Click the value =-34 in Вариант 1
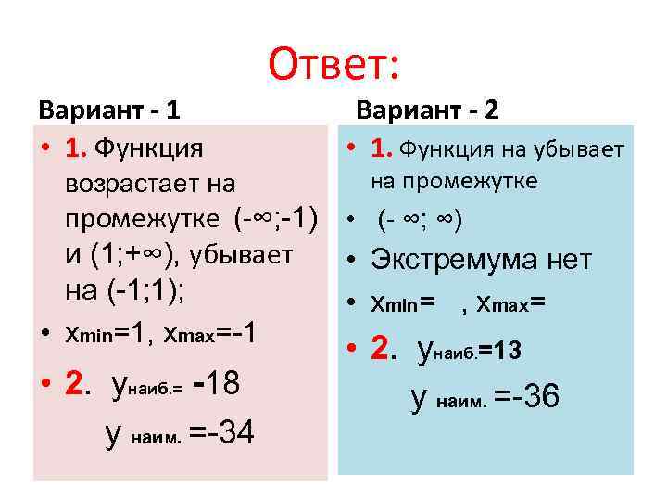pyautogui.click(x=221, y=432)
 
